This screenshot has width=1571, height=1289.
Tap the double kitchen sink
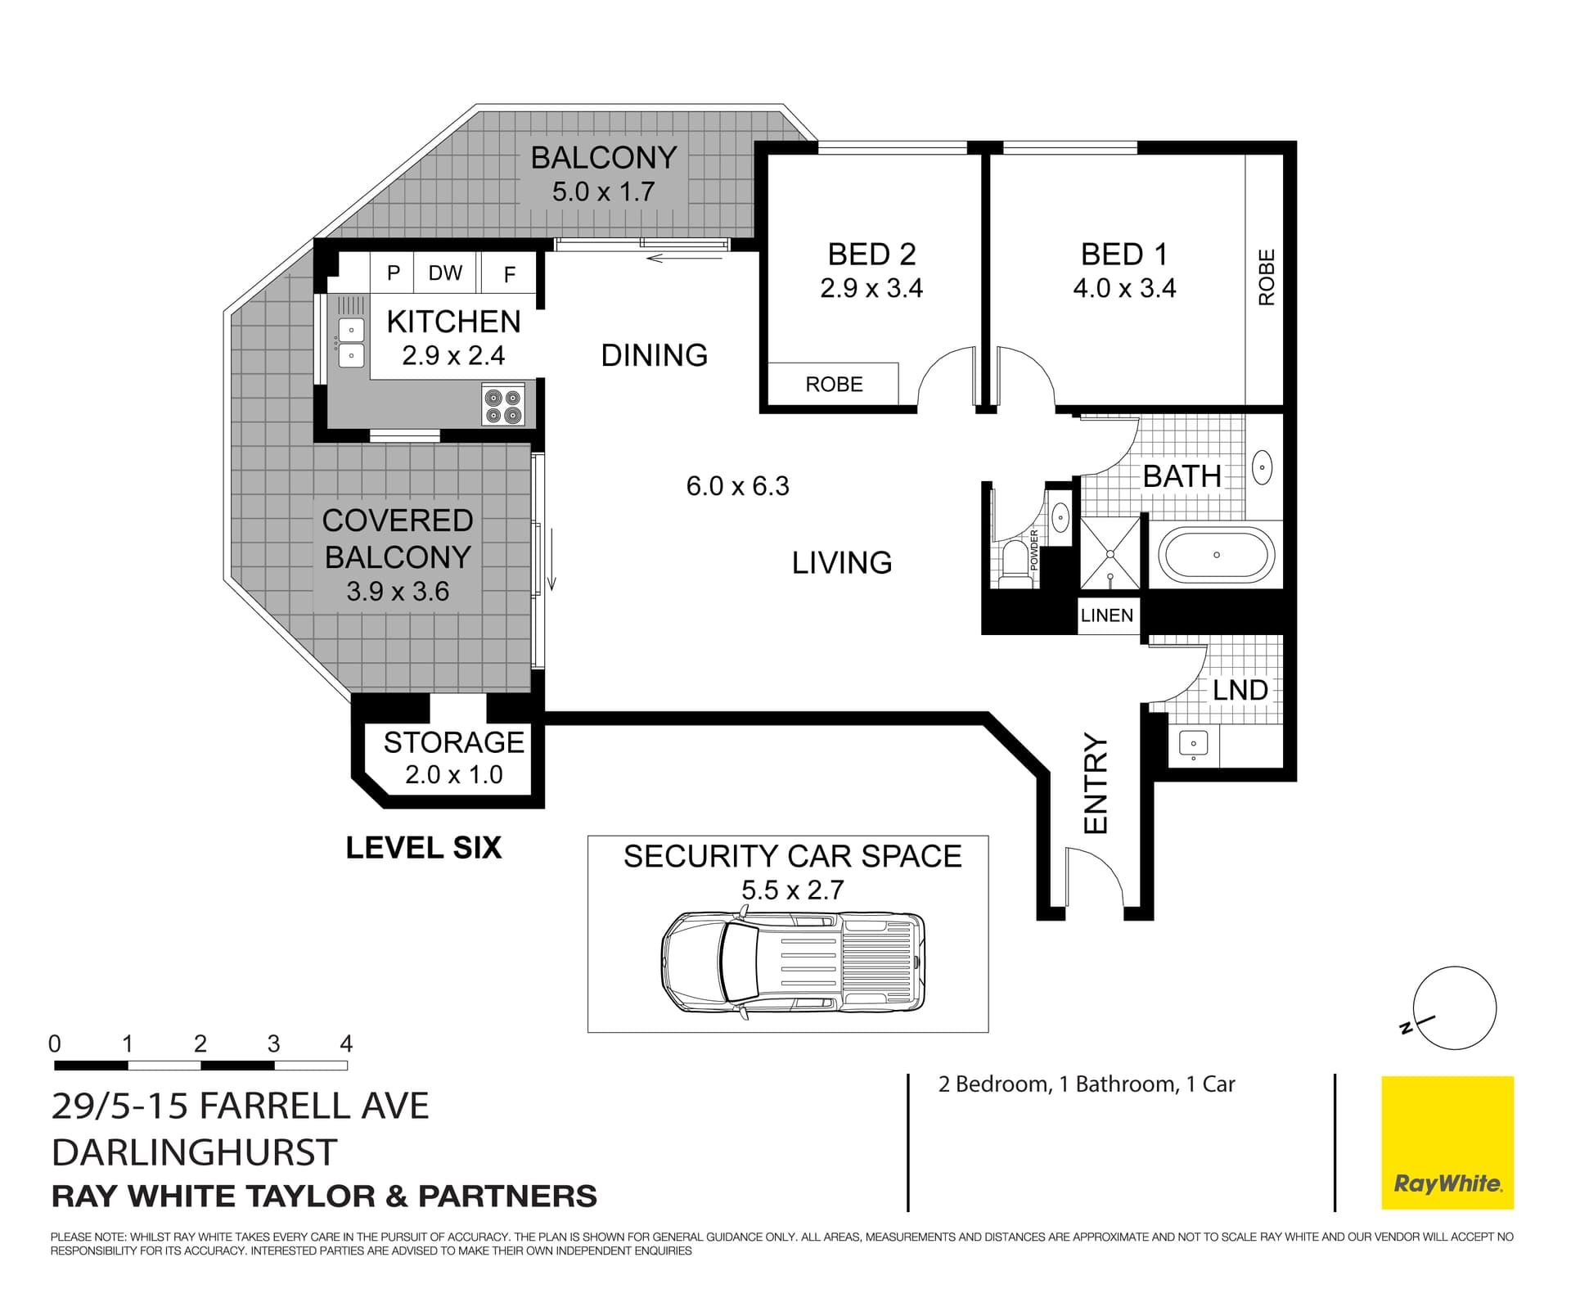coord(351,342)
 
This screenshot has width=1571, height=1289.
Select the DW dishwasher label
coord(445,273)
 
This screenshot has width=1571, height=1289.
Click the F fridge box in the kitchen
coord(509,275)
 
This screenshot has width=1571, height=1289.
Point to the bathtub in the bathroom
coord(1216,556)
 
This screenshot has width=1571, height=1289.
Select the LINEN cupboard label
coord(1106,615)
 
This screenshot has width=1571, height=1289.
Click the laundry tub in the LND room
coord(1193,744)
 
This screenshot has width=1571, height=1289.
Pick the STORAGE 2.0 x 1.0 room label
coord(453,758)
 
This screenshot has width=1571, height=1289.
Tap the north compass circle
coord(1455,1007)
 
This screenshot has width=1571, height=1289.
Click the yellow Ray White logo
coord(1447,1143)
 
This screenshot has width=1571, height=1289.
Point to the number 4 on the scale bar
coord(346,1043)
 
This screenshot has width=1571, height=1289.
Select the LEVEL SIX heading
coord(423,848)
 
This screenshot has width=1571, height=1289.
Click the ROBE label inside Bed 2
coord(834,385)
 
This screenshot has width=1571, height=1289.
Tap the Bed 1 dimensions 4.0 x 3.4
coord(1123,289)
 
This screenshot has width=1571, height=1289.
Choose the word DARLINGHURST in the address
coord(194,1152)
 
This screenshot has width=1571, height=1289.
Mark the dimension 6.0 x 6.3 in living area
coord(737,486)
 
